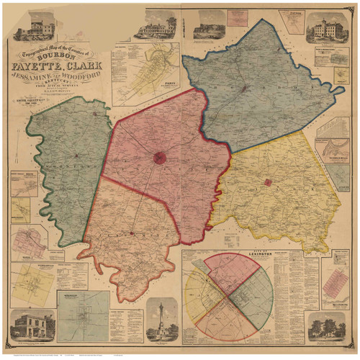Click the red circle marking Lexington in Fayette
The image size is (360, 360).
pos(160,158)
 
